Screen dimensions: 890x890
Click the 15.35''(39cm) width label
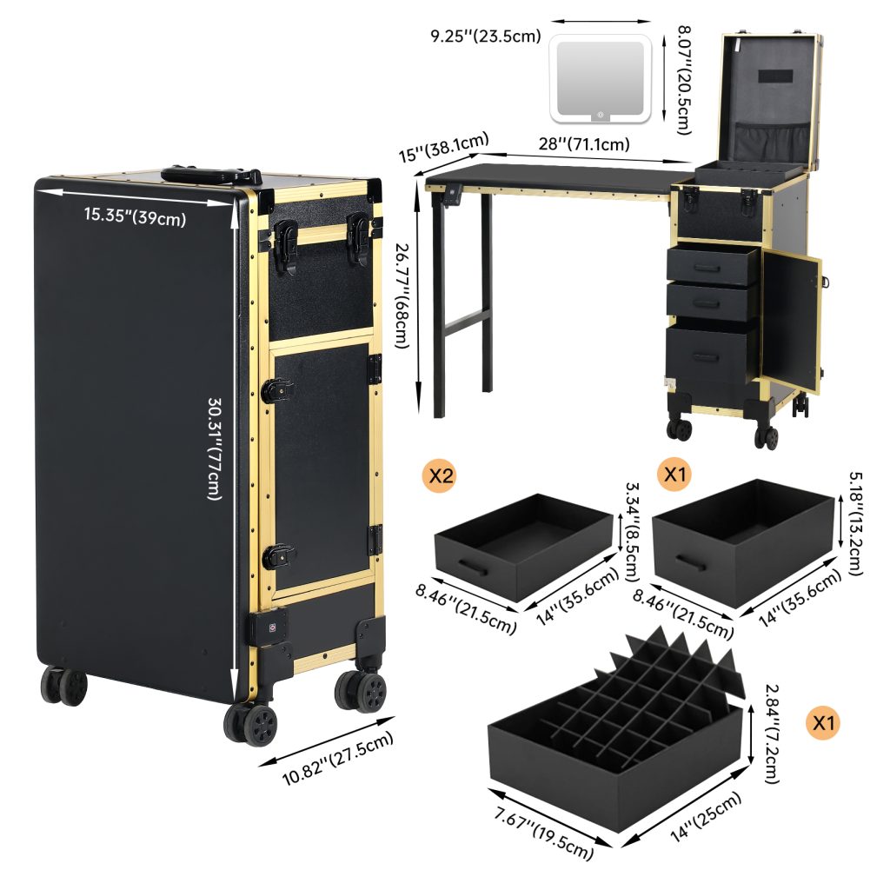pyautogui.click(x=135, y=216)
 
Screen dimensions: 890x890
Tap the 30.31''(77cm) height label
pyautogui.click(x=214, y=448)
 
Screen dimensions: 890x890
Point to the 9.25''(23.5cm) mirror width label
pyautogui.click(x=486, y=36)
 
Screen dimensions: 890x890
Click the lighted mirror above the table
pyautogui.click(x=601, y=78)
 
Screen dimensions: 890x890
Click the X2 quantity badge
pyautogui.click(x=440, y=475)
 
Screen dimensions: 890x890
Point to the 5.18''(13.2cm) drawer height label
pyautogui.click(x=855, y=523)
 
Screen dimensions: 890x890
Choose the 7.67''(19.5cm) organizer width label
pyautogui.click(x=544, y=832)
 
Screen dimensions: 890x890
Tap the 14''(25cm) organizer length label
pyautogui.click(x=706, y=817)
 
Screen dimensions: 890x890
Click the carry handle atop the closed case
pyautogui.click(x=210, y=174)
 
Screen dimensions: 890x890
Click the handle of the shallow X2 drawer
pyautogui.click(x=473, y=568)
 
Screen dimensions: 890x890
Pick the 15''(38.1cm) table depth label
pyautogui.click(x=443, y=148)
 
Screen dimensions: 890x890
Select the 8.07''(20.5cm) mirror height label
pyautogui.click(x=685, y=80)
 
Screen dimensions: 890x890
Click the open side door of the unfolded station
pyautogui.click(x=791, y=322)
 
